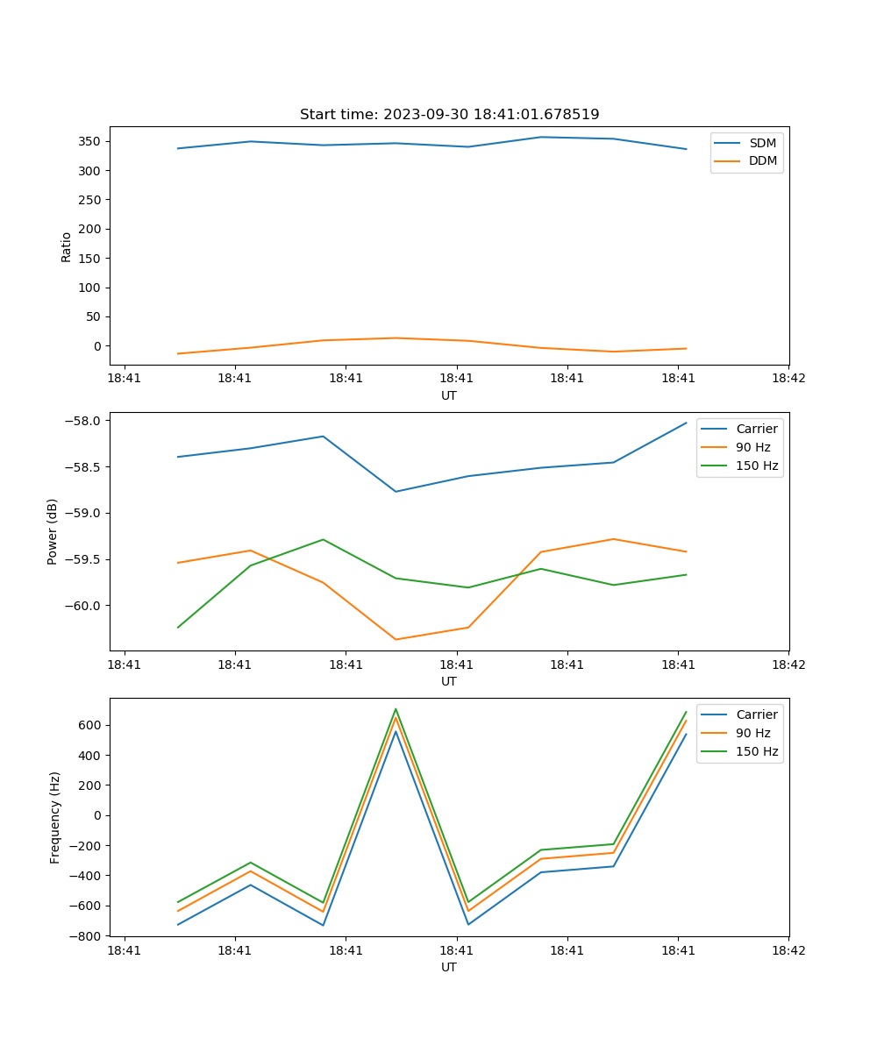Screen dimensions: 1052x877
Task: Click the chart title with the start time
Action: [x=449, y=115]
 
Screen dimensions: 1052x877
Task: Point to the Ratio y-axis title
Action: [x=67, y=246]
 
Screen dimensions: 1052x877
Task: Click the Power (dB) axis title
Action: [x=53, y=531]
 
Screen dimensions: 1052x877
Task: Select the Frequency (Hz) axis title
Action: [x=55, y=817]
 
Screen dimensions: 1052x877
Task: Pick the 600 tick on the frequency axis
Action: [x=90, y=725]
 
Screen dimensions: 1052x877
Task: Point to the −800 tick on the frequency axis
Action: [x=87, y=935]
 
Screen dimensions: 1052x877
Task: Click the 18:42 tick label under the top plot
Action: [x=788, y=379]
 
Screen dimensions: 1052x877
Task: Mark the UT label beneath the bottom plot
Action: [x=449, y=967]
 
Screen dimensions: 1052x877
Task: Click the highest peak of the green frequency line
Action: [x=396, y=708]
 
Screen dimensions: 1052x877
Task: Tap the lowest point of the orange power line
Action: [x=396, y=639]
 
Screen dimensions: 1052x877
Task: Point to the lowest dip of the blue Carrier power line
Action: [x=396, y=491]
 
